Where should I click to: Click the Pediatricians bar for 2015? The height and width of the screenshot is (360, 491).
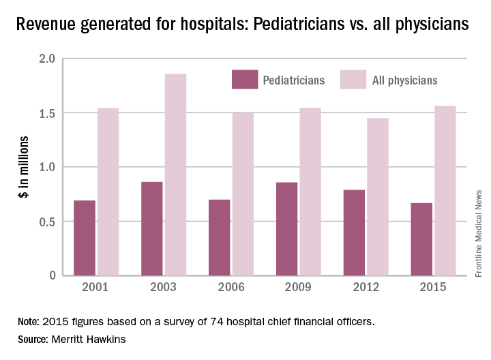point(421,239)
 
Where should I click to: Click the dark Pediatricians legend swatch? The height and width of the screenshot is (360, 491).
point(243,80)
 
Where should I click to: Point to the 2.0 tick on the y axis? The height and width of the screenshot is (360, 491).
point(47,59)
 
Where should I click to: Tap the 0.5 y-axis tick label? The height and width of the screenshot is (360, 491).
point(47,221)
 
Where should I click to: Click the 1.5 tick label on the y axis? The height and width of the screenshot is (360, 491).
point(47,113)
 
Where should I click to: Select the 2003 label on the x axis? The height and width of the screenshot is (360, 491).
point(164,288)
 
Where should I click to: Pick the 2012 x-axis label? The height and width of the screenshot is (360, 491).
point(366,288)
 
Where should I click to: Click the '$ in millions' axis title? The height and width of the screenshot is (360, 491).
point(22,167)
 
